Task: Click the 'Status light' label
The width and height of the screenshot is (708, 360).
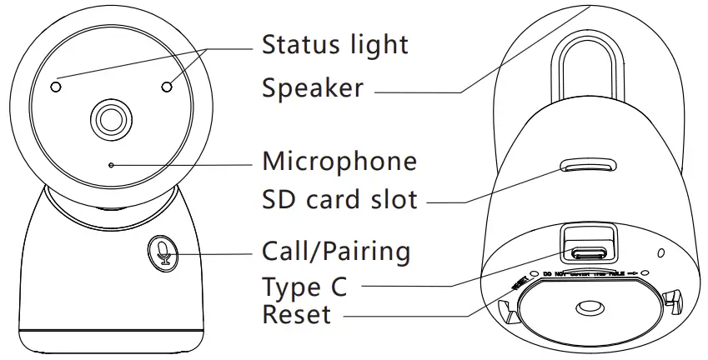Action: [334, 44]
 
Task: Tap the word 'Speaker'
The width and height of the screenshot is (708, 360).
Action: [312, 87]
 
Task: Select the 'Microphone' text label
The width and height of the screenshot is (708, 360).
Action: [339, 160]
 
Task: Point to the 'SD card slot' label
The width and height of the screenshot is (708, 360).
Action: [339, 200]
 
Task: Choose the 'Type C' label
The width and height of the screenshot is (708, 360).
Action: [304, 287]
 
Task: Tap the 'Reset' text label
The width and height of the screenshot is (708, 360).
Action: [296, 315]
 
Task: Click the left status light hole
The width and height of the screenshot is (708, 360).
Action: [56, 86]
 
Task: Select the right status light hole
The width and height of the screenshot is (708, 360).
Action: [168, 86]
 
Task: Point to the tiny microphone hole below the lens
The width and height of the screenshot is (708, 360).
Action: [111, 164]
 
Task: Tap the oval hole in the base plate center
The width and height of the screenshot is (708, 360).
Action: [590, 308]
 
